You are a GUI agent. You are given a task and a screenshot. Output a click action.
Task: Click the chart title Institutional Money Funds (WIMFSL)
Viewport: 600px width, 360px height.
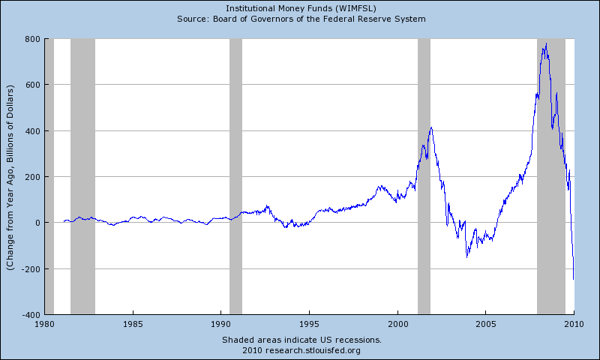coord(300,8)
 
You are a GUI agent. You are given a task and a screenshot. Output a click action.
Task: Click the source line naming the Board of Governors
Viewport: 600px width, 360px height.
coord(300,18)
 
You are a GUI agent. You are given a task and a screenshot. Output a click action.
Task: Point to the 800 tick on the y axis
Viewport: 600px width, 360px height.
coord(31,39)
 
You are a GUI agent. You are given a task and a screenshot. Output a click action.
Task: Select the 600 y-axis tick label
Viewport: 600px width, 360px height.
coord(31,85)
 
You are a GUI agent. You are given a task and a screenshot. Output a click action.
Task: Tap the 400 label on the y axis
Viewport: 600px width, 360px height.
coord(31,131)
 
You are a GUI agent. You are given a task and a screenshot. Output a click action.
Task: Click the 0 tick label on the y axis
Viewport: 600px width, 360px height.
coord(36,223)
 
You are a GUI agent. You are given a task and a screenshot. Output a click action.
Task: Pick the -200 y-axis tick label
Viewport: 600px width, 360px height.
coord(30,268)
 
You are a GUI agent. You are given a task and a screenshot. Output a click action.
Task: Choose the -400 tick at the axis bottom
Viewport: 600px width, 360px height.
coord(30,314)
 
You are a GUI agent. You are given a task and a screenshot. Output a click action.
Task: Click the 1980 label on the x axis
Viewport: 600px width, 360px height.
coord(45,325)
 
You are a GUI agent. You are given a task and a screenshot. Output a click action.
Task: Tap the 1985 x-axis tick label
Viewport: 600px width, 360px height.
coord(133,325)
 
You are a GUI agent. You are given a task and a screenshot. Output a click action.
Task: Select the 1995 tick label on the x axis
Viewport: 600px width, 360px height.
coord(309,325)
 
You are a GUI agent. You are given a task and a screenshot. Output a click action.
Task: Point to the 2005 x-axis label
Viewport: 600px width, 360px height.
coord(485,325)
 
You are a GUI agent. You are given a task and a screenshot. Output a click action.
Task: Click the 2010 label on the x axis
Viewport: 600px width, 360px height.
coord(574,325)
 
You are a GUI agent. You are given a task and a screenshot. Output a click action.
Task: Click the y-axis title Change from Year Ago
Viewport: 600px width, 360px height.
coord(10,177)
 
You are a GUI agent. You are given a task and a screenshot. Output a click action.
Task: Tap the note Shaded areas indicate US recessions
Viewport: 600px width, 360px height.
coord(301,340)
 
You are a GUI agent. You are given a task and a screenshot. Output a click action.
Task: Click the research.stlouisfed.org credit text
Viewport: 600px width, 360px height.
coord(301,350)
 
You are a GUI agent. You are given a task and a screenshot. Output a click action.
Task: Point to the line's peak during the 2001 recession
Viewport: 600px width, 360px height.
coord(430,127)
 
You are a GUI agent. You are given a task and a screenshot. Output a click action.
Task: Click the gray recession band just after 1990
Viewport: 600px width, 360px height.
coord(235,176)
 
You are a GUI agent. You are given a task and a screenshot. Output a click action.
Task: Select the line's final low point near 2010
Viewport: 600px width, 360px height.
coord(574,279)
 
